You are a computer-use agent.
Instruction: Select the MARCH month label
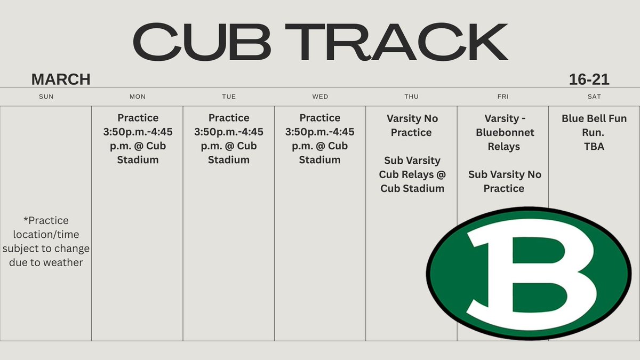(61, 79)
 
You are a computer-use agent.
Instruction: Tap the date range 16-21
(589, 79)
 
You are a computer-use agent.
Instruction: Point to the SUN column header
(46, 97)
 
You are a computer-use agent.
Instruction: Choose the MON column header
(138, 97)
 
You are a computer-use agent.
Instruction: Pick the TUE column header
(229, 97)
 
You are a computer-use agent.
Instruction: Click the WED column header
(320, 97)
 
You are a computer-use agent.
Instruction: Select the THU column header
(411, 97)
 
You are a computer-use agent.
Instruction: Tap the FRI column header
(502, 97)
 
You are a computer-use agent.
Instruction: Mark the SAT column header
(594, 97)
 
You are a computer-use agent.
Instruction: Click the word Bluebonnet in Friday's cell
(505, 132)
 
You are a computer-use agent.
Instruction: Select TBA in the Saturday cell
(594, 146)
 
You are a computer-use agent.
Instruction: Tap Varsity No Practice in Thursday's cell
(411, 125)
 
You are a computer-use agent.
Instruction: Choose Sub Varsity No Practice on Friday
(505, 181)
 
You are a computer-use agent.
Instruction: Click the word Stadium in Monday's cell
(138, 160)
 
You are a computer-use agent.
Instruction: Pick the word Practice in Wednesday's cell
(320, 118)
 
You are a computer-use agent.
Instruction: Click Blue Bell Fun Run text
(594, 125)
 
